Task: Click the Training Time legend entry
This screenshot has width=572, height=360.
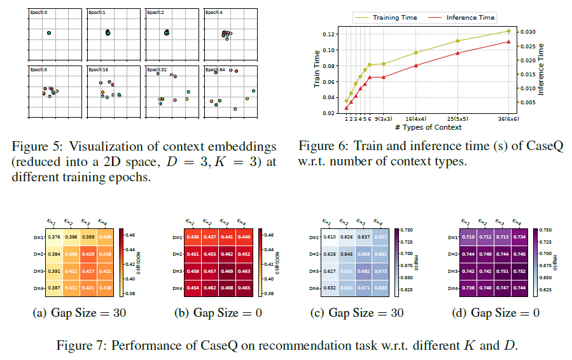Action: [394, 18]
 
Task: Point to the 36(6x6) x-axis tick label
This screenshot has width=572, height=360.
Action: [508, 119]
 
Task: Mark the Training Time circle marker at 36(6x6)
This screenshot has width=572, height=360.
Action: [508, 31]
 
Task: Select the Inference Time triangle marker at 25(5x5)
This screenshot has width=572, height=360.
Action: [457, 53]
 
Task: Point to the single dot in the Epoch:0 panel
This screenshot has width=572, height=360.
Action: [49, 33]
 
